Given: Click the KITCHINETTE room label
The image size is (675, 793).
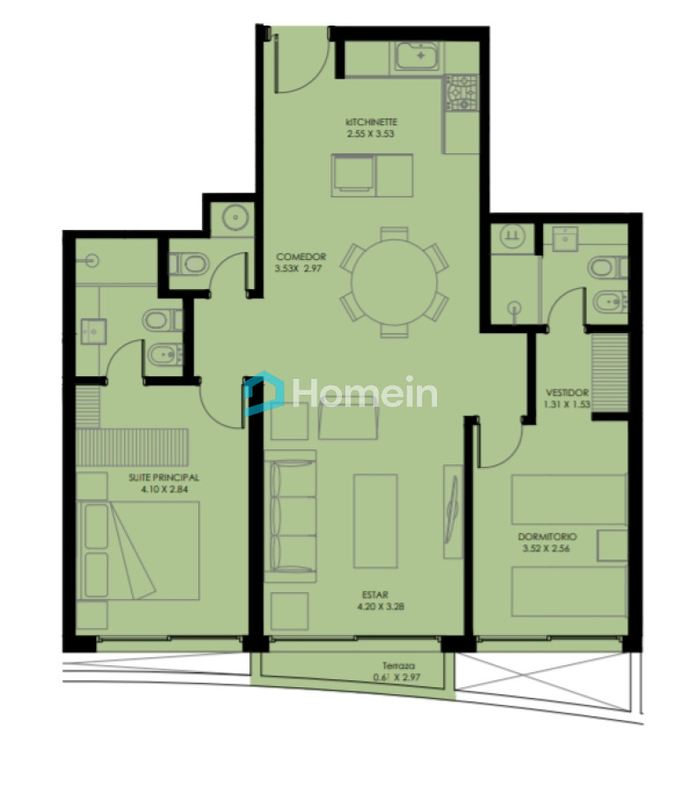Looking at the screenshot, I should [372, 122].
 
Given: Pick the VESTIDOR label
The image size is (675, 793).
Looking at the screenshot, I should [567, 393].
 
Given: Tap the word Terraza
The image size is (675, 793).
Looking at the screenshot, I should [398, 666].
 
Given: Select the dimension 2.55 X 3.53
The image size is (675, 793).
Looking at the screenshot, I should [372, 134].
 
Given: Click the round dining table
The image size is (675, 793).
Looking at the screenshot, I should [394, 283].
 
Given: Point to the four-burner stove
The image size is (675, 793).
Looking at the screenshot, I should [461, 92].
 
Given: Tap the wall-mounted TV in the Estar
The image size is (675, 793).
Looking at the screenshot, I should [453, 511].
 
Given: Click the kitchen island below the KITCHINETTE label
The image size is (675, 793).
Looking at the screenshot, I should [371, 174].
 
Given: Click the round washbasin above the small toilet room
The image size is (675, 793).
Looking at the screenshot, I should [234, 218].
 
